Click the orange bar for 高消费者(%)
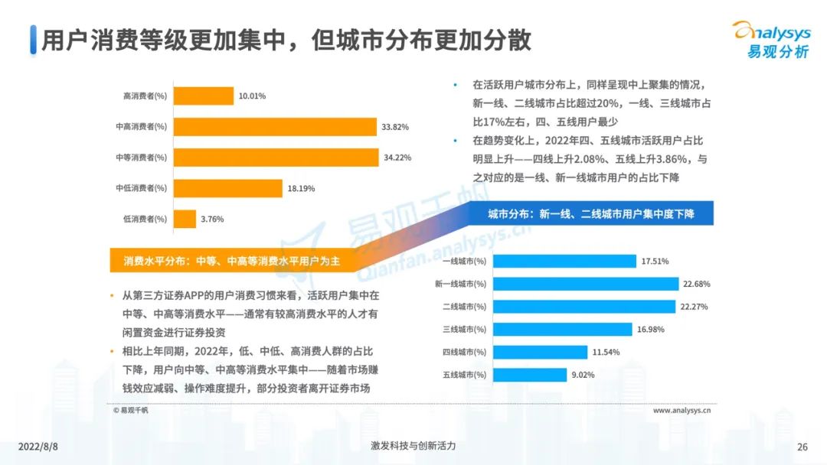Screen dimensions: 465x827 [204, 96]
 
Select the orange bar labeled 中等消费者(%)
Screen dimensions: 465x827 [276, 158]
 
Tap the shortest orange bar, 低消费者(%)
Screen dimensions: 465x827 [185, 219]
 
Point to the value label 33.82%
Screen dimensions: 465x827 [395, 127]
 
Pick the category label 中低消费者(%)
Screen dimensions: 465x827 [141, 188]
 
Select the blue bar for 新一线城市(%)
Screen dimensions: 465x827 [586, 284]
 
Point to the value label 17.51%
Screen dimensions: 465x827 [655, 261]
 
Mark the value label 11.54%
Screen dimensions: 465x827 [605, 353]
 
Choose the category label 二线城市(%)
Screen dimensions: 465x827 [465, 307]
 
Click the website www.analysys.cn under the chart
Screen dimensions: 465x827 [682, 410]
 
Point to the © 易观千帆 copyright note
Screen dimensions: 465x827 [132, 411]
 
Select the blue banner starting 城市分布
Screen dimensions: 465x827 [590, 214]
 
